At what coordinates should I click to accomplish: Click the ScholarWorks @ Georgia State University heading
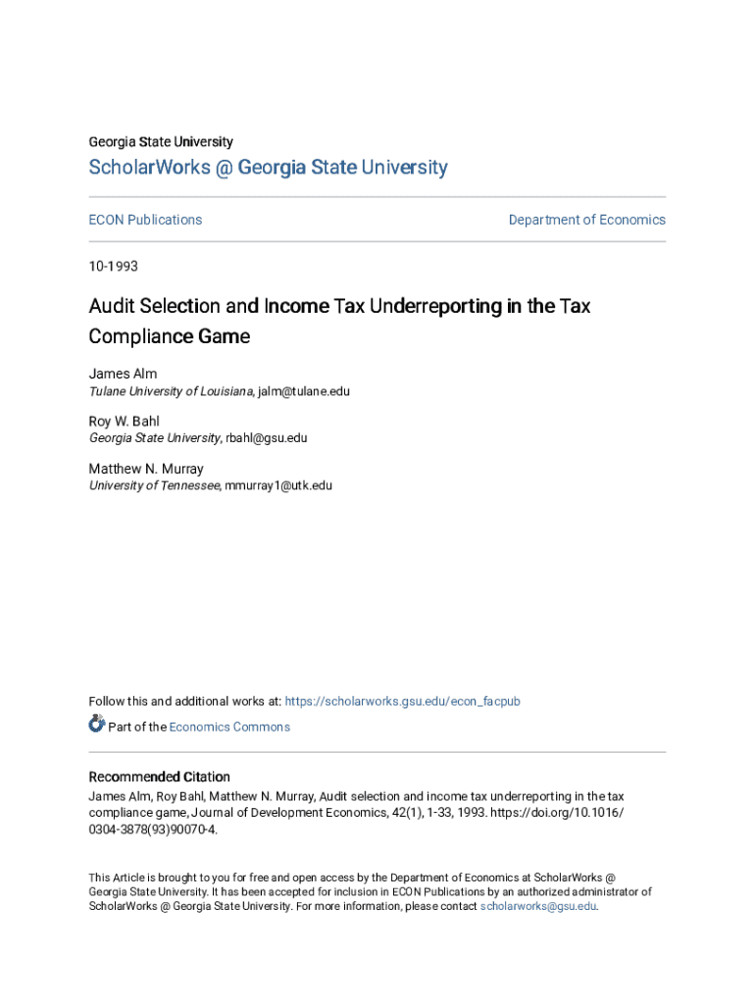tap(268, 168)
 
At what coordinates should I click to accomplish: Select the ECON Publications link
tap(145, 220)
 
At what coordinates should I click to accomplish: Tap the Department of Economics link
tap(586, 220)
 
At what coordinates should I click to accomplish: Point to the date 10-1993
tap(114, 267)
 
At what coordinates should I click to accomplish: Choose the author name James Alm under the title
tap(123, 374)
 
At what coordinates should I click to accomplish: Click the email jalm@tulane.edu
tap(304, 391)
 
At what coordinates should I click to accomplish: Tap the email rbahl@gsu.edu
tap(266, 438)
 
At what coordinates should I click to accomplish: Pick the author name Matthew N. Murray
tap(146, 469)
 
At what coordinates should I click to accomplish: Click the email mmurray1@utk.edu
tap(278, 485)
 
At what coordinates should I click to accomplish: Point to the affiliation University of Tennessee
tap(154, 485)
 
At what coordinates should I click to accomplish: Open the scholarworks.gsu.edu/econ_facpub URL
tap(403, 701)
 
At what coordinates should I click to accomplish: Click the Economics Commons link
tap(229, 727)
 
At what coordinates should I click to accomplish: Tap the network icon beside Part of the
tap(96, 725)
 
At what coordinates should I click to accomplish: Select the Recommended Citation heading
tap(159, 777)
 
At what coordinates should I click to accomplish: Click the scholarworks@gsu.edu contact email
tap(538, 906)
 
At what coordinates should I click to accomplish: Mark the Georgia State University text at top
tap(161, 142)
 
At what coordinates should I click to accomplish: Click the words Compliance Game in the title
tap(169, 336)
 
